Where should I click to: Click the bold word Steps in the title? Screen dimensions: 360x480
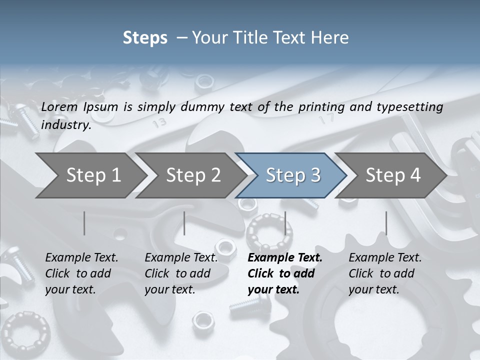[145, 38]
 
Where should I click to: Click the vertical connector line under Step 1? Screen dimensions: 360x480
[84, 223]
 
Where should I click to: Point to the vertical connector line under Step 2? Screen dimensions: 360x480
[184, 223]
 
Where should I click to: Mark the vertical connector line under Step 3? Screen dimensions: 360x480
[285, 223]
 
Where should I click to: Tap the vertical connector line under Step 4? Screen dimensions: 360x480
[386, 223]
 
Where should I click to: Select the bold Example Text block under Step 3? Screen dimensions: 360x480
[285, 273]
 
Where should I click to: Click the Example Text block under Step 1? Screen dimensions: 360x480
[81, 273]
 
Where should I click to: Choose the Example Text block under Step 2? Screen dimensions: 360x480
[181, 273]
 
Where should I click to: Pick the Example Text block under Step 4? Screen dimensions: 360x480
[385, 273]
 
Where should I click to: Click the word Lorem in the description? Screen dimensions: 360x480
[59, 107]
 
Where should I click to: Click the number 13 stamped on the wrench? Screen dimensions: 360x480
[160, 122]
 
